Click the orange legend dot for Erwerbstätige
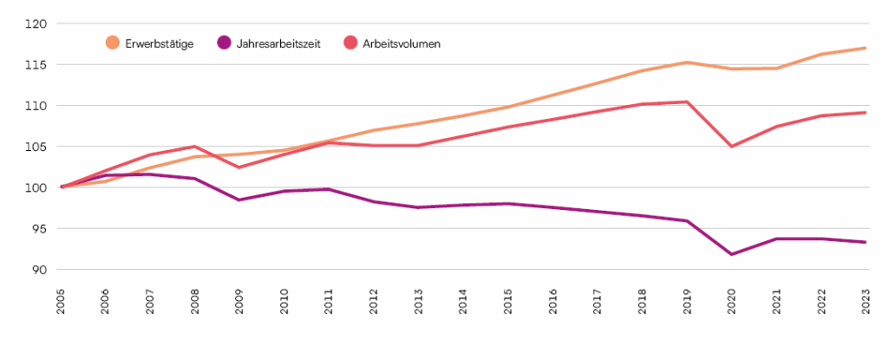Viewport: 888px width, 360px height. click(x=113, y=43)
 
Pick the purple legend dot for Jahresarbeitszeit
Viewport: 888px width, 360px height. click(x=225, y=43)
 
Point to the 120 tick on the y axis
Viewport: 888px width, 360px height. click(x=38, y=23)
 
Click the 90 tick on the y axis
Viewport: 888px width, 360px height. click(x=41, y=270)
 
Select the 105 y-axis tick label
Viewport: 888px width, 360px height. click(x=38, y=147)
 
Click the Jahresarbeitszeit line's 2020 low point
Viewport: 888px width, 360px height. click(x=731, y=254)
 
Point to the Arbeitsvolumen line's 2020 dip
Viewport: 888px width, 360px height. click(x=731, y=147)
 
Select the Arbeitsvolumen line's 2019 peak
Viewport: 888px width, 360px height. click(x=687, y=101)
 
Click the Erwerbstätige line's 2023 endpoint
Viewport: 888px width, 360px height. click(x=865, y=48)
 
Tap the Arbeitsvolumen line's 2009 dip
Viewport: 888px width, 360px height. click(x=240, y=167)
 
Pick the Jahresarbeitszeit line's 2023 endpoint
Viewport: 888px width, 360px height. click(x=865, y=242)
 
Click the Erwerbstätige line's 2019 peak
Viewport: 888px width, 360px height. click(x=687, y=62)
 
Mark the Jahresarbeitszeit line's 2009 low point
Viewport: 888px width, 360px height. click(x=240, y=200)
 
